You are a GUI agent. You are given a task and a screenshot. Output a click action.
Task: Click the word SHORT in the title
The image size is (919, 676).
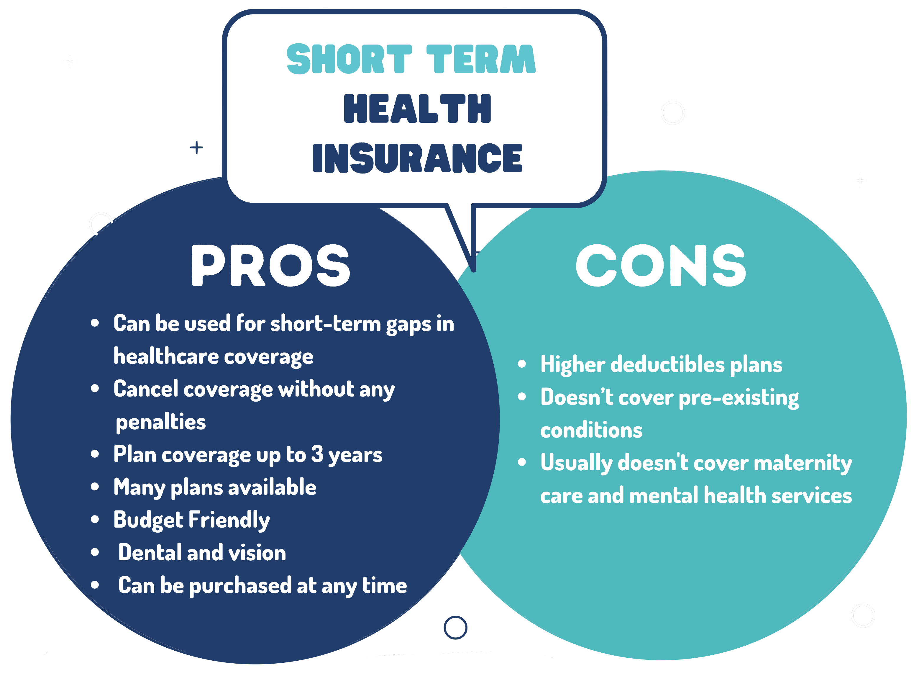pos(349,59)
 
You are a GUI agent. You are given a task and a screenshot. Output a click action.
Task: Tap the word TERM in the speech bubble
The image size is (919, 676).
pos(481,59)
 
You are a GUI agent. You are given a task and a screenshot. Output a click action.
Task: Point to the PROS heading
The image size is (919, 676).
pos(270,266)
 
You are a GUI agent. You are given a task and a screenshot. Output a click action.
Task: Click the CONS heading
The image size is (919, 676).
pos(661,266)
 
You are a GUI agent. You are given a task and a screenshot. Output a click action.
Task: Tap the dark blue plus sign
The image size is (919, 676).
pos(197,147)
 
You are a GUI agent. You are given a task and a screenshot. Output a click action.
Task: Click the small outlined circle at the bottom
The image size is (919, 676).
pos(455,627)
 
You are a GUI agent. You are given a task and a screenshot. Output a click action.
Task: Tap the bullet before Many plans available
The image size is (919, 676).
pos(95,487)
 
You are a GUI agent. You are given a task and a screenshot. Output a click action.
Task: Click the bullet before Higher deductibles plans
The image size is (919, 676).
pos(522,364)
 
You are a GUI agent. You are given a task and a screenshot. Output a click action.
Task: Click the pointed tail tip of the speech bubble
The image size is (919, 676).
pos(474,270)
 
